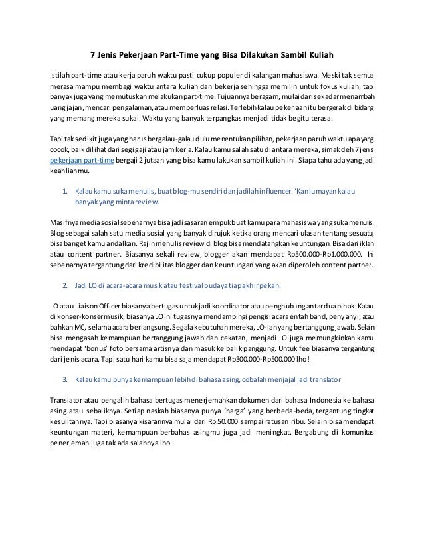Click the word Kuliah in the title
point(316,54)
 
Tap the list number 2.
point(64,285)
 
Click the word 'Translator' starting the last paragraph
point(67,401)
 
